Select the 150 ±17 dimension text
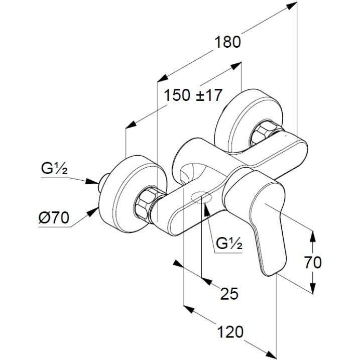click(x=193, y=95)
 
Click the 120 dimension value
click(x=230, y=332)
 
